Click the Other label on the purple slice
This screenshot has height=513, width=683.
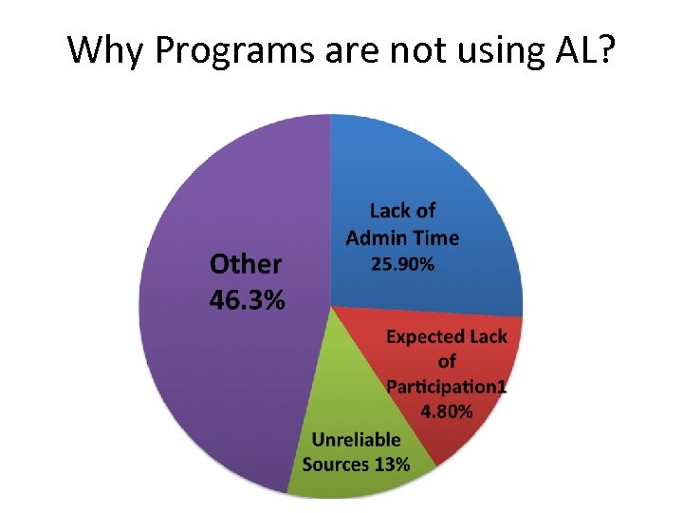point(246,265)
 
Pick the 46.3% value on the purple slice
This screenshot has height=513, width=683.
point(247,301)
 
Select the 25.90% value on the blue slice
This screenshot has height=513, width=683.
point(402,265)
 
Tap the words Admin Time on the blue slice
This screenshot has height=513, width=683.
point(402,237)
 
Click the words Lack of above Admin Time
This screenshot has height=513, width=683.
point(402,211)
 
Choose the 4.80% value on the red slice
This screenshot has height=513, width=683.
point(447,411)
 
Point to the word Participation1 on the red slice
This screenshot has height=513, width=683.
point(447,387)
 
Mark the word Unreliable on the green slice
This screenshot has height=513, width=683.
point(357,440)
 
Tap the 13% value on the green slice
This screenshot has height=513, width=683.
point(392,465)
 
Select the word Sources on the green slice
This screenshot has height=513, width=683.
point(336,465)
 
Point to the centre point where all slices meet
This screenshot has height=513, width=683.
point(330,306)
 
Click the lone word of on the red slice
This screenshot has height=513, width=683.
point(447,362)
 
